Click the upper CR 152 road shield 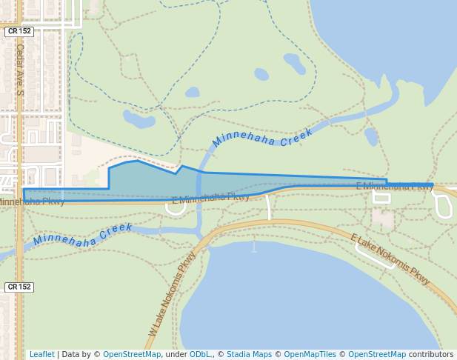point(19,32)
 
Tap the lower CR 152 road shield point(19,287)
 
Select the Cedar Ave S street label point(20,69)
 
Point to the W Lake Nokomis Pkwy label point(173,293)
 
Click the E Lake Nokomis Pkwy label point(390,259)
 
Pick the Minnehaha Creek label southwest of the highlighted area point(82,235)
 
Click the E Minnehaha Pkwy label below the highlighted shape point(210,198)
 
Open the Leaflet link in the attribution point(41,354)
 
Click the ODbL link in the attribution point(200,354)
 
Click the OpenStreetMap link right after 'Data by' point(132,354)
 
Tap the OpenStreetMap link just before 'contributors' point(377,354)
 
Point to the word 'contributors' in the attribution point(431,354)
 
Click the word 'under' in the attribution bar point(176,354)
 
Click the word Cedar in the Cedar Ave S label point(20,56)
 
